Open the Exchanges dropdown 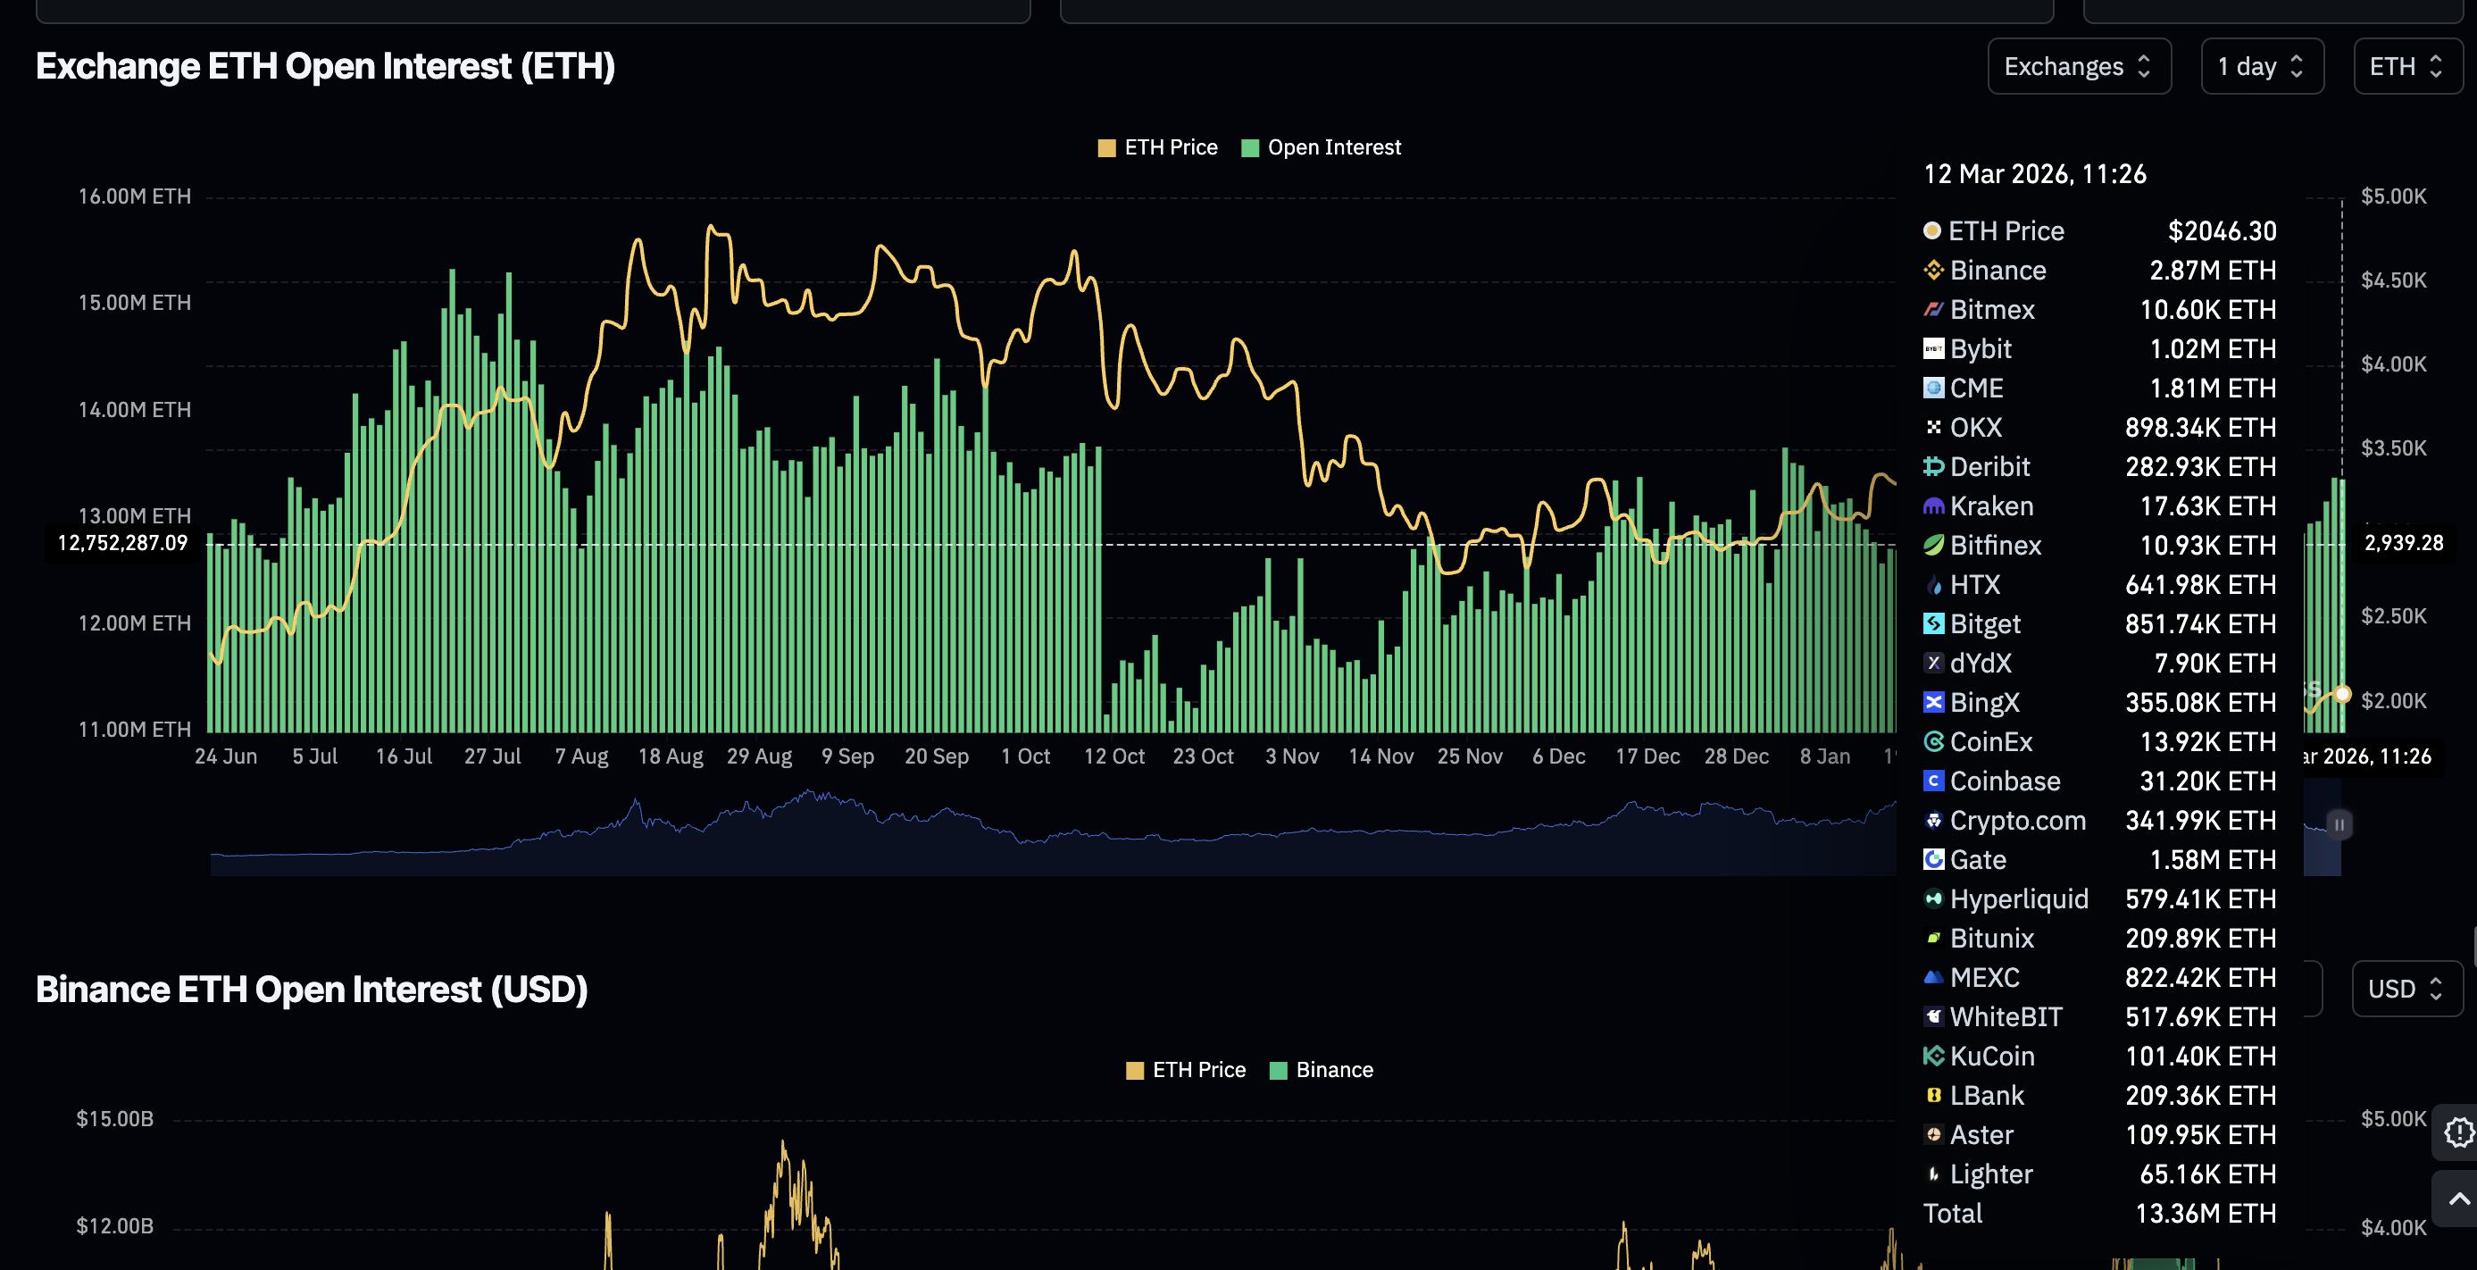point(2078,66)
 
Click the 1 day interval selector point(2261,66)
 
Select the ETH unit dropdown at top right point(2406,66)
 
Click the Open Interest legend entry point(1322,147)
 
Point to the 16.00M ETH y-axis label point(135,196)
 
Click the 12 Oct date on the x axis point(1113,756)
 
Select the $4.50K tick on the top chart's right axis point(2393,280)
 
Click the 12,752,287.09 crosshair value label point(122,543)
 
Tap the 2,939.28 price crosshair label point(2403,543)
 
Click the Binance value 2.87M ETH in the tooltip point(2212,270)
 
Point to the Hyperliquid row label point(2018,898)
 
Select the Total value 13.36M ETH point(2205,1213)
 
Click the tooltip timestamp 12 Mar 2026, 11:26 point(2034,174)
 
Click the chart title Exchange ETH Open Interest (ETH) point(325,66)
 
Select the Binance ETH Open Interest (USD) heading point(312,990)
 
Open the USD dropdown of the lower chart point(2406,990)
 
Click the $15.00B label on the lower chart point(114,1119)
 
